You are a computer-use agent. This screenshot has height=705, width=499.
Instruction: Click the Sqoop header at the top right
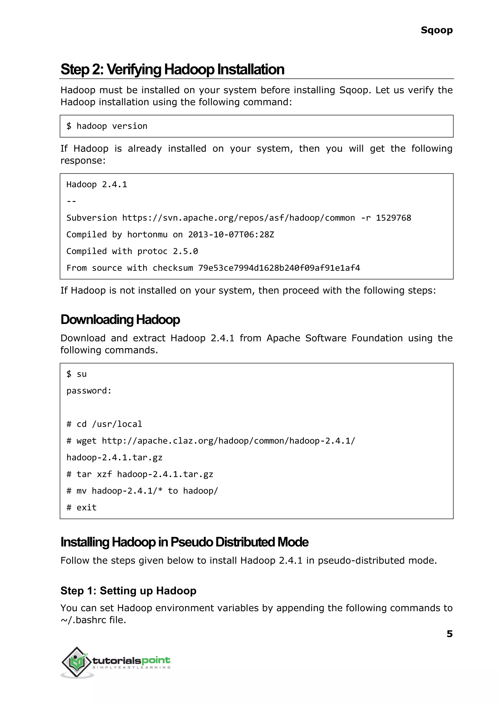point(436,30)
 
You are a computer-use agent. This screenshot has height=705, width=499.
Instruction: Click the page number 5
point(449,633)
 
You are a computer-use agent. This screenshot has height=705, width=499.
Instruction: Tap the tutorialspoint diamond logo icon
point(77,662)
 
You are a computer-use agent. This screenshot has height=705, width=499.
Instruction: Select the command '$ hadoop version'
point(107,126)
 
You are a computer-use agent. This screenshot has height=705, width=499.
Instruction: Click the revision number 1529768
point(393,218)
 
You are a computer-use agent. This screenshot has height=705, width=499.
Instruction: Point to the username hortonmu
point(147,235)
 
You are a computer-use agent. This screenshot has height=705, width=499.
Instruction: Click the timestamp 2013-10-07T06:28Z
point(231,235)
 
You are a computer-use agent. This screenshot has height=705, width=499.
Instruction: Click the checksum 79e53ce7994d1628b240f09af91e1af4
point(279,268)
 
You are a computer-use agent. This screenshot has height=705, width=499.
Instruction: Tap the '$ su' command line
point(77,374)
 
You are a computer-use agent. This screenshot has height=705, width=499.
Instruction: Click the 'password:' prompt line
point(89,391)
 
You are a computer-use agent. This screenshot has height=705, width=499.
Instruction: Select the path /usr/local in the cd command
point(117,424)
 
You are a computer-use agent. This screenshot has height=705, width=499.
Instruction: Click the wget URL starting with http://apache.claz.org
point(228,441)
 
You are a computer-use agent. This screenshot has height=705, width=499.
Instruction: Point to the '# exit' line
point(81,507)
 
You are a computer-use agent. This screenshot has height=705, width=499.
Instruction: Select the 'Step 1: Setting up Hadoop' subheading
point(128,591)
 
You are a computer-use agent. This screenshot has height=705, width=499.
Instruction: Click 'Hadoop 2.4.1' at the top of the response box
point(96,185)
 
